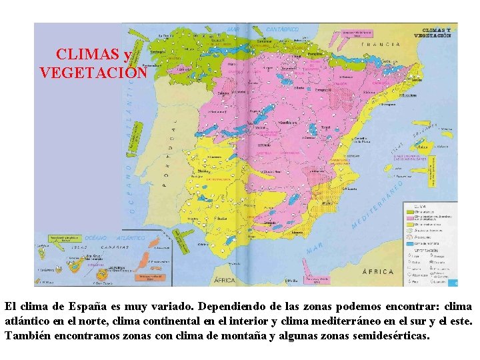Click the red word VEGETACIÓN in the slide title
pyautogui.click(x=93, y=72)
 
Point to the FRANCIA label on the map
pyautogui.click(x=381, y=45)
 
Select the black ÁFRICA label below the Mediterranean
pyautogui.click(x=378, y=272)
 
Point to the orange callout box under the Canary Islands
pyautogui.click(x=149, y=276)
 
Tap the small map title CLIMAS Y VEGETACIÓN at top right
pyautogui.click(x=437, y=33)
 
